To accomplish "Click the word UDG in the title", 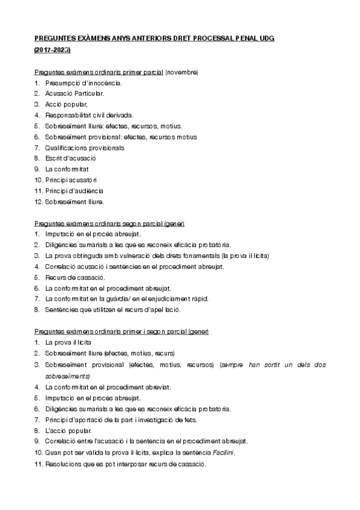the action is point(265,37).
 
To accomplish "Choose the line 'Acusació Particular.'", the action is point(75,93).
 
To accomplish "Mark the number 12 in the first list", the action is point(38,201).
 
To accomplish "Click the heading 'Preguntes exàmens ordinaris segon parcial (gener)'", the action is point(109,223).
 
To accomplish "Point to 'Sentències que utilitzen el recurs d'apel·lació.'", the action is point(112,310).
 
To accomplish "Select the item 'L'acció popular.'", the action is point(68,431).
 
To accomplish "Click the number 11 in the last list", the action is point(38,463).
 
